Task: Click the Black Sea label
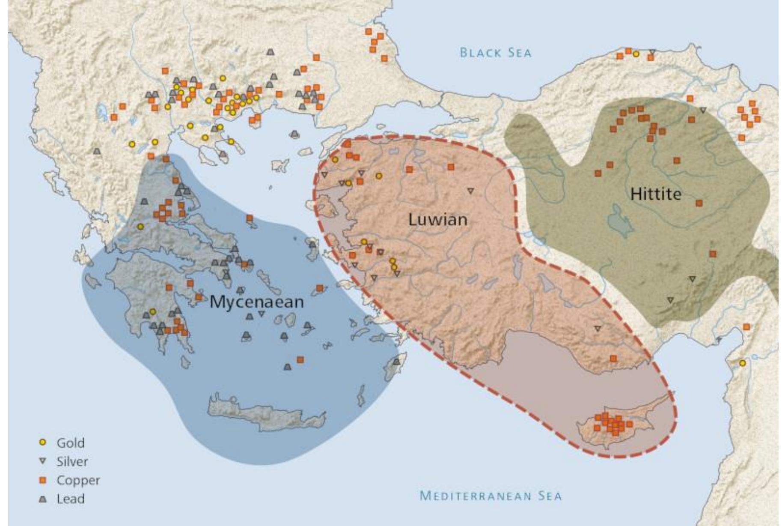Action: pos(495,53)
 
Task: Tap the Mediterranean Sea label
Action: pos(490,496)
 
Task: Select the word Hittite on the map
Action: pos(655,194)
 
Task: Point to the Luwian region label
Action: pos(437,220)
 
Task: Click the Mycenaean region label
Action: pos(257,302)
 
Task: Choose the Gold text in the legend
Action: pos(70,442)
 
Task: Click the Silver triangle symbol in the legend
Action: pos(42,461)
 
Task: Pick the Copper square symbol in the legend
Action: pos(42,480)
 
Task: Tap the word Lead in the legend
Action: pos(70,499)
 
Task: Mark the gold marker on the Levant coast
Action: pos(742,363)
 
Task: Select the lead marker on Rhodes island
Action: pos(396,362)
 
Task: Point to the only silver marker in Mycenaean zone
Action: pos(262,314)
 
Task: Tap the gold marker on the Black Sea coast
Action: pos(636,54)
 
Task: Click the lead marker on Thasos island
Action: pos(294,134)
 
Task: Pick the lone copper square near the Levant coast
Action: pos(746,327)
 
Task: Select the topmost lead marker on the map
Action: pos(270,52)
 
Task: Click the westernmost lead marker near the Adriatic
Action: pos(97,151)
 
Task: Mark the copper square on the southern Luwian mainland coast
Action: pos(613,358)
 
